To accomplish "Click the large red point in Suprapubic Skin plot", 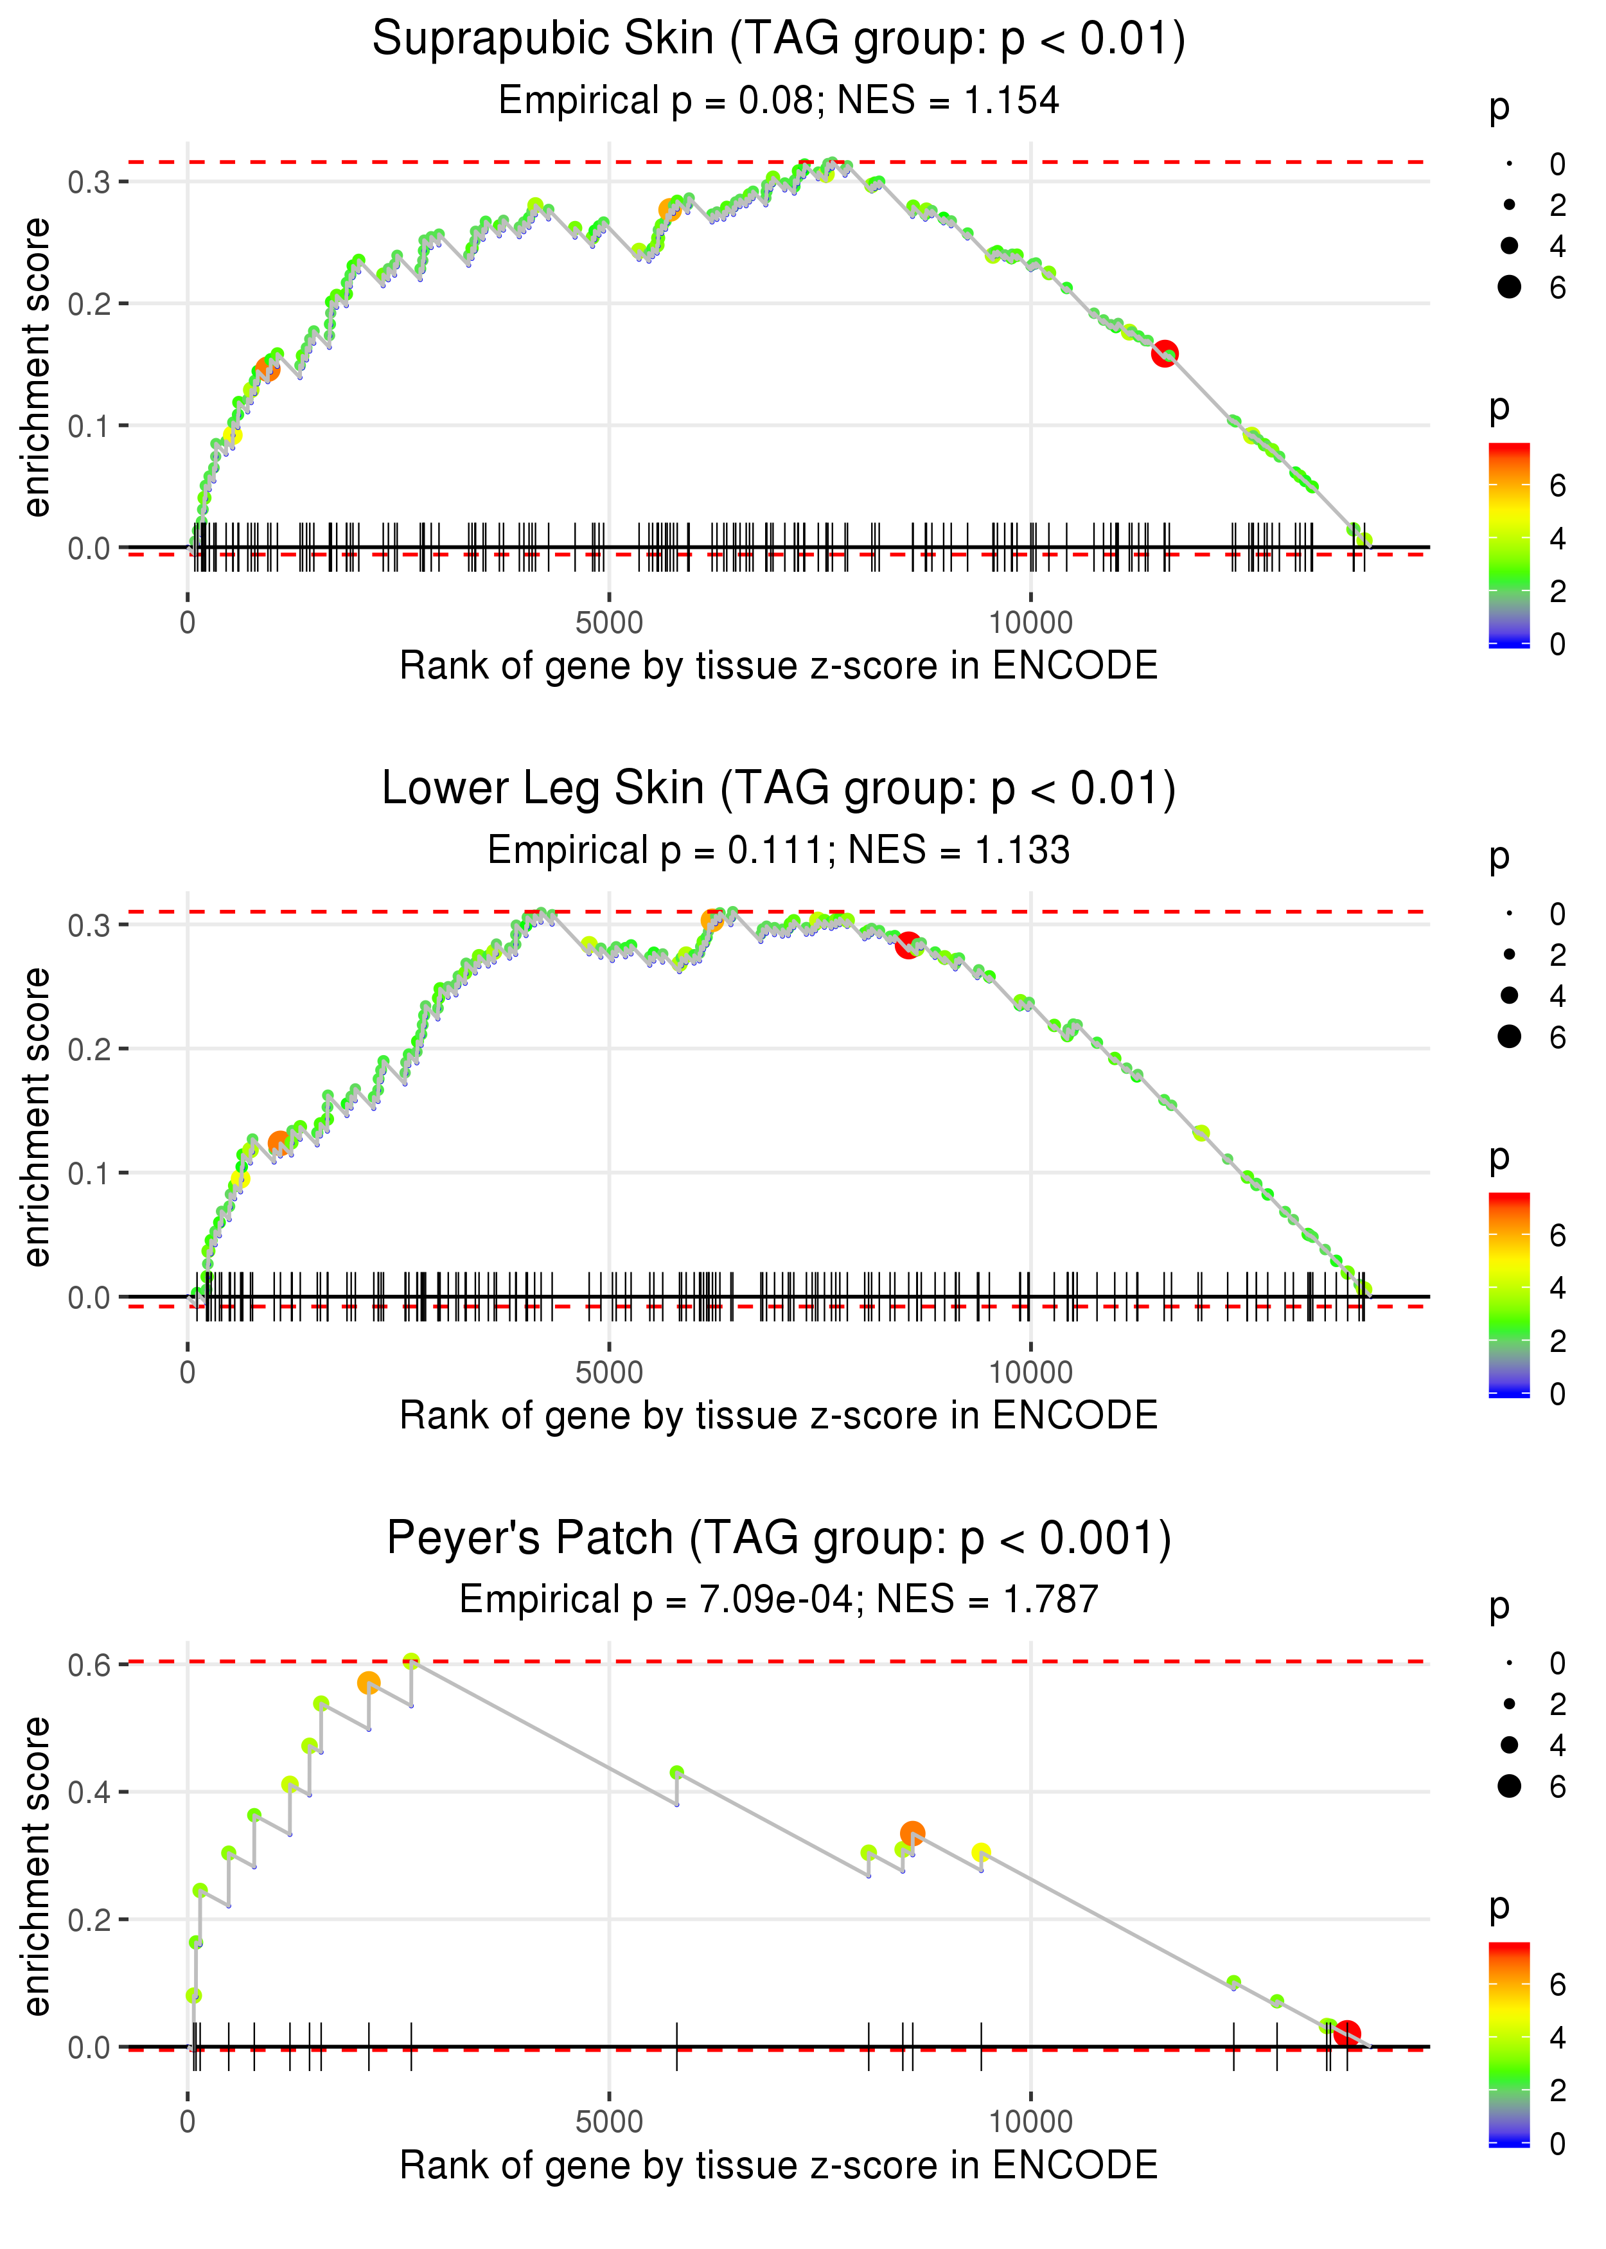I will (x=1165, y=353).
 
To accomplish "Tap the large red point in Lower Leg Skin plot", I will (x=908, y=945).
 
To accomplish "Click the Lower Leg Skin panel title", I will (x=779, y=789).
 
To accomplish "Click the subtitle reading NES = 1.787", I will (x=779, y=1599).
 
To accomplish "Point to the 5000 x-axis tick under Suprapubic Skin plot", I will (x=609, y=623).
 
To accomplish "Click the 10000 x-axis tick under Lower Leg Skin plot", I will (x=1030, y=1373).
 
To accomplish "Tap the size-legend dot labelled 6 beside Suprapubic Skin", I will (x=1509, y=287).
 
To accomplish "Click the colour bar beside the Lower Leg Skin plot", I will (x=1509, y=1293).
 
